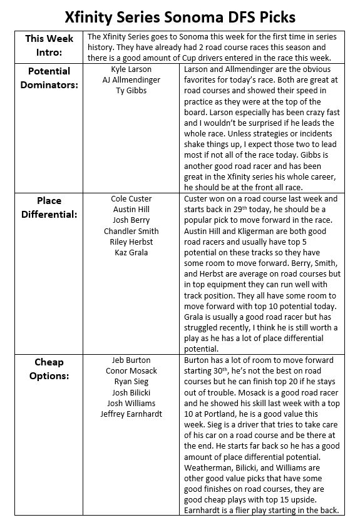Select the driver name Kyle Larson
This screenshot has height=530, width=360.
coord(131,69)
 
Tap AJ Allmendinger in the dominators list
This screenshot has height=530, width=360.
coord(131,80)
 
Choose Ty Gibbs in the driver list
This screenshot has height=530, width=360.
coord(131,91)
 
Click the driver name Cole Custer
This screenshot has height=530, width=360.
coord(131,199)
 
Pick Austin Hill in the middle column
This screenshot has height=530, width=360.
coord(131,210)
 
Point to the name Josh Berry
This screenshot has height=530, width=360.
coord(131,220)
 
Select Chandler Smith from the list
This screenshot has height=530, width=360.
coord(131,231)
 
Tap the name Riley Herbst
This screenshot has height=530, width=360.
coord(131,242)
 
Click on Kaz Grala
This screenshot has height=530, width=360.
coord(131,252)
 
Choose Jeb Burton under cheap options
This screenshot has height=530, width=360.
coord(131,360)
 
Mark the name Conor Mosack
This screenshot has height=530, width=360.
coord(131,371)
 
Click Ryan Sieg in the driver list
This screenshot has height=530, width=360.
coord(131,382)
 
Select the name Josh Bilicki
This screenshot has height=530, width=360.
coord(131,392)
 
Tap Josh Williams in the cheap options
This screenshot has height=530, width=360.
coord(131,403)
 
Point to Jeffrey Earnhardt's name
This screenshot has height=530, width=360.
coord(131,414)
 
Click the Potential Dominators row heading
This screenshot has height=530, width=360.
coord(49,78)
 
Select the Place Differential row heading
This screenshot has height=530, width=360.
coord(49,207)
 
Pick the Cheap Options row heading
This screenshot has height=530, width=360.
coord(49,369)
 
